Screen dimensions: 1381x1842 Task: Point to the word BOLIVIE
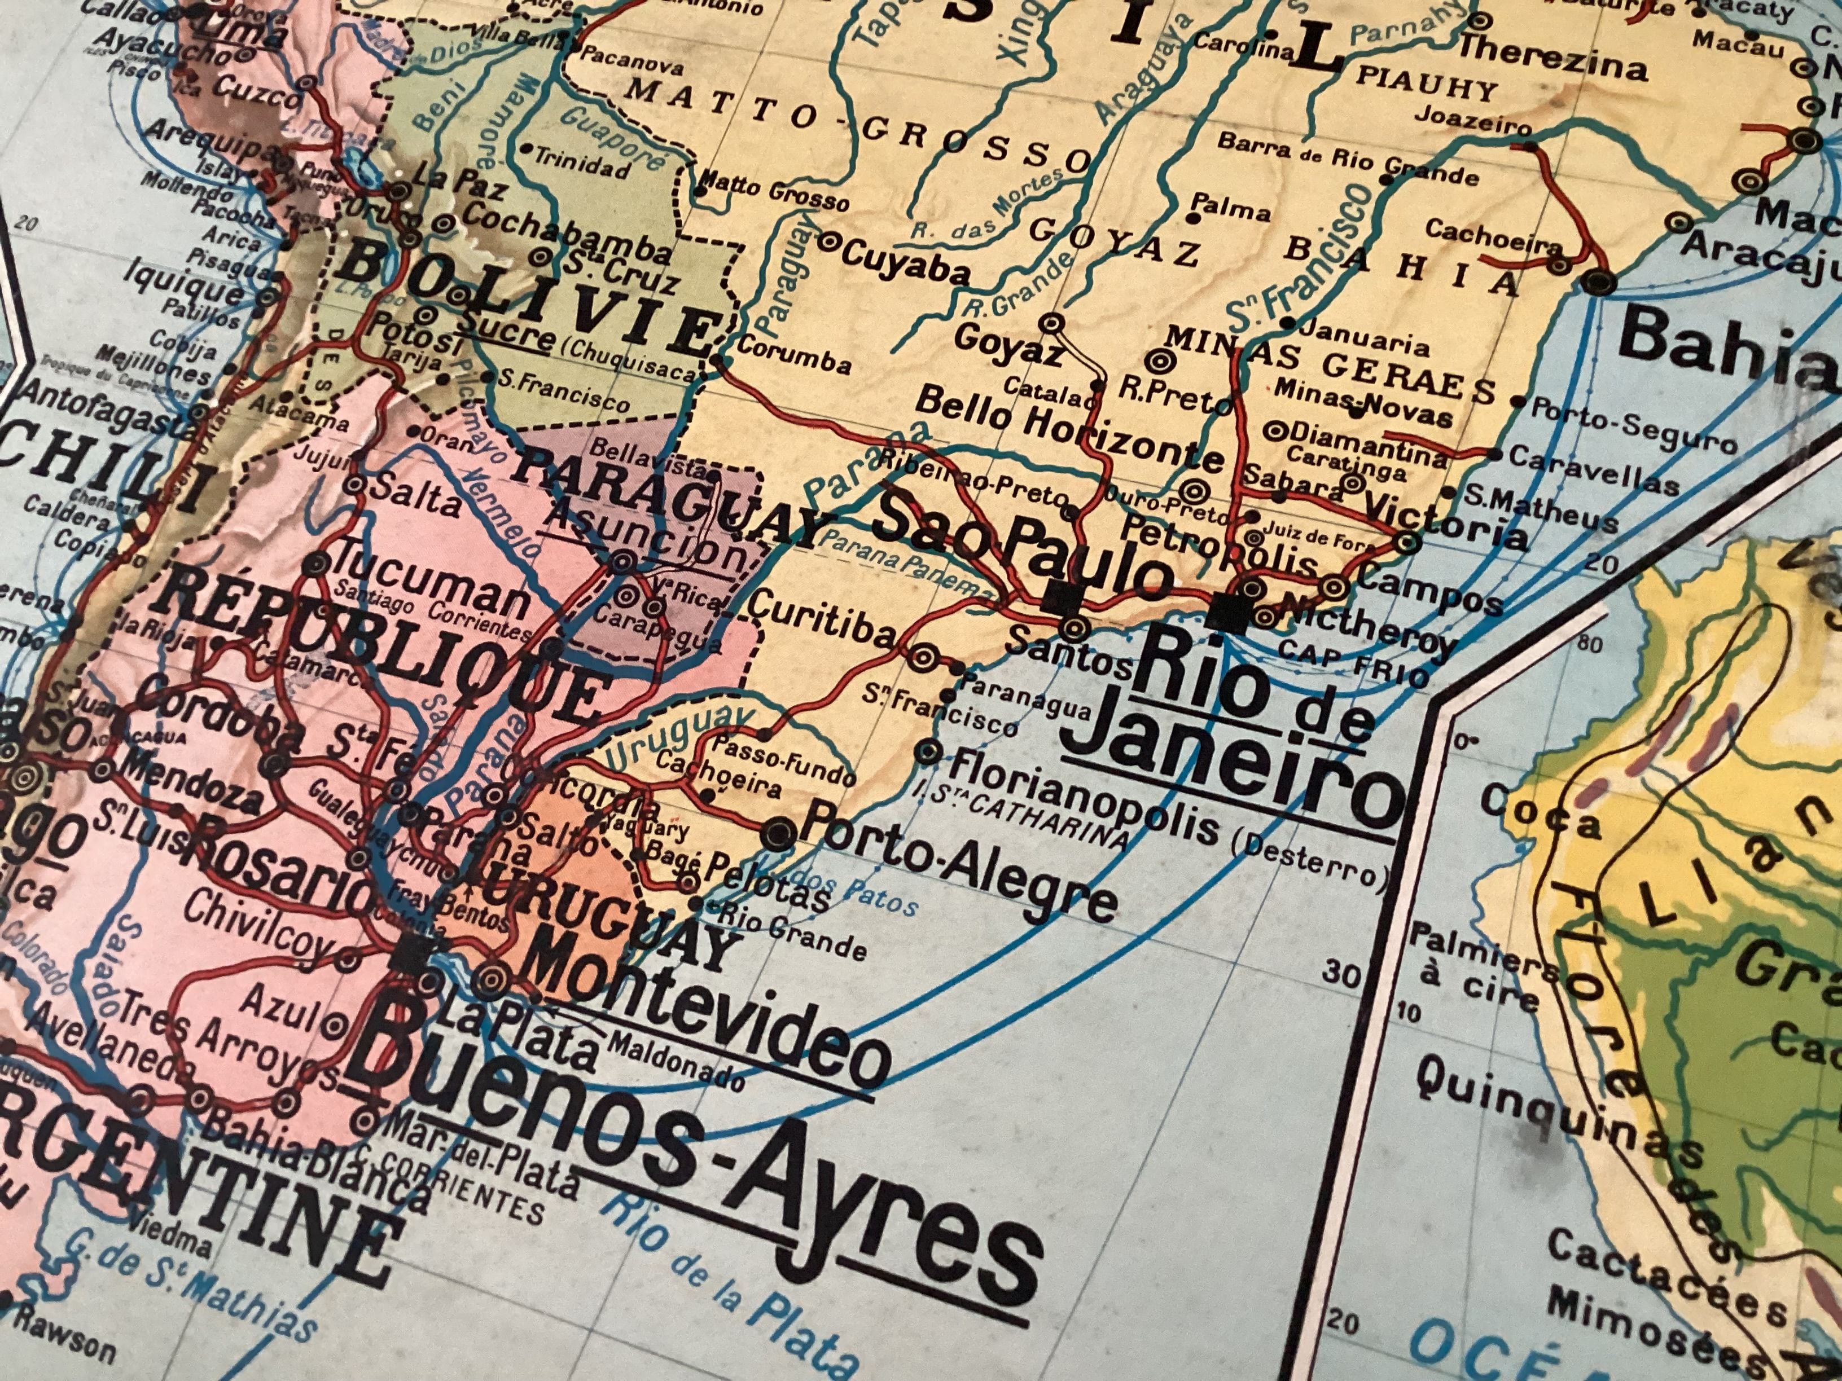[x=525, y=300]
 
